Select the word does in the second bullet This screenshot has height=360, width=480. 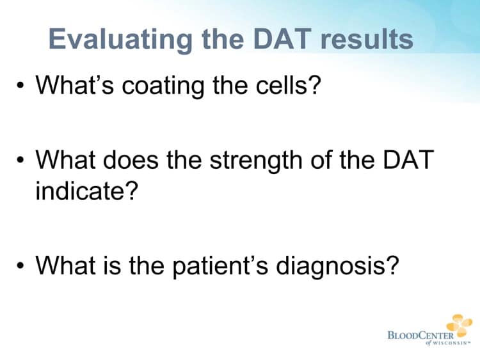click(x=141, y=159)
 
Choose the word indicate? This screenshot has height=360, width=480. click(x=87, y=190)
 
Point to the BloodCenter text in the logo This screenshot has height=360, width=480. click(x=420, y=334)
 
